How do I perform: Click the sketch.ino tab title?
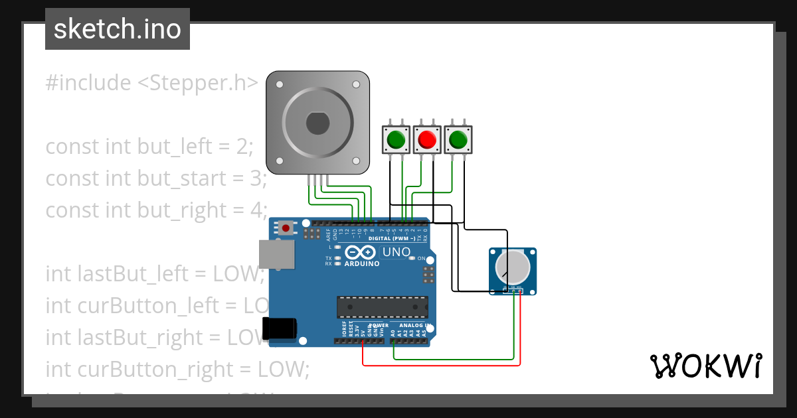tap(118, 29)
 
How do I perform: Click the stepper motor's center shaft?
tap(317, 123)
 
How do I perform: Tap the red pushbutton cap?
tap(426, 140)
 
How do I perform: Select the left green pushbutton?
tap(396, 140)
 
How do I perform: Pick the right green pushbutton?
tap(458, 140)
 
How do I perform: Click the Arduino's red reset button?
tap(286, 228)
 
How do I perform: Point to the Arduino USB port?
tap(275, 254)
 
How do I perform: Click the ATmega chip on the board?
tap(382, 307)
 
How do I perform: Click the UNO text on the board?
tap(397, 252)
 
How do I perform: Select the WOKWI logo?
tap(705, 366)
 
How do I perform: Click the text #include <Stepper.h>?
tap(151, 83)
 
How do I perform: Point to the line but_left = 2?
tap(149, 146)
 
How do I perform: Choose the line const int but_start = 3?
tap(156, 178)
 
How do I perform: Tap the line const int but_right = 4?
tap(156, 210)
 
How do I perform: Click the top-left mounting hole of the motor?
tap(280, 85)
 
